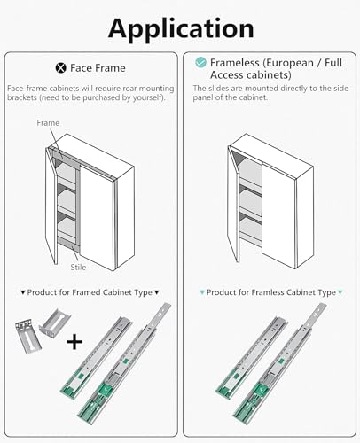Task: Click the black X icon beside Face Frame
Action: coord(61,67)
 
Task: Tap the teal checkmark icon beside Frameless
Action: coord(201,64)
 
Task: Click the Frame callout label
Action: coord(49,123)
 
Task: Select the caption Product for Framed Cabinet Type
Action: coord(89,291)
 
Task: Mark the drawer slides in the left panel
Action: coord(115,363)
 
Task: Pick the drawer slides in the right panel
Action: coord(266,363)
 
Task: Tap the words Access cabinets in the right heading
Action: coord(246,74)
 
